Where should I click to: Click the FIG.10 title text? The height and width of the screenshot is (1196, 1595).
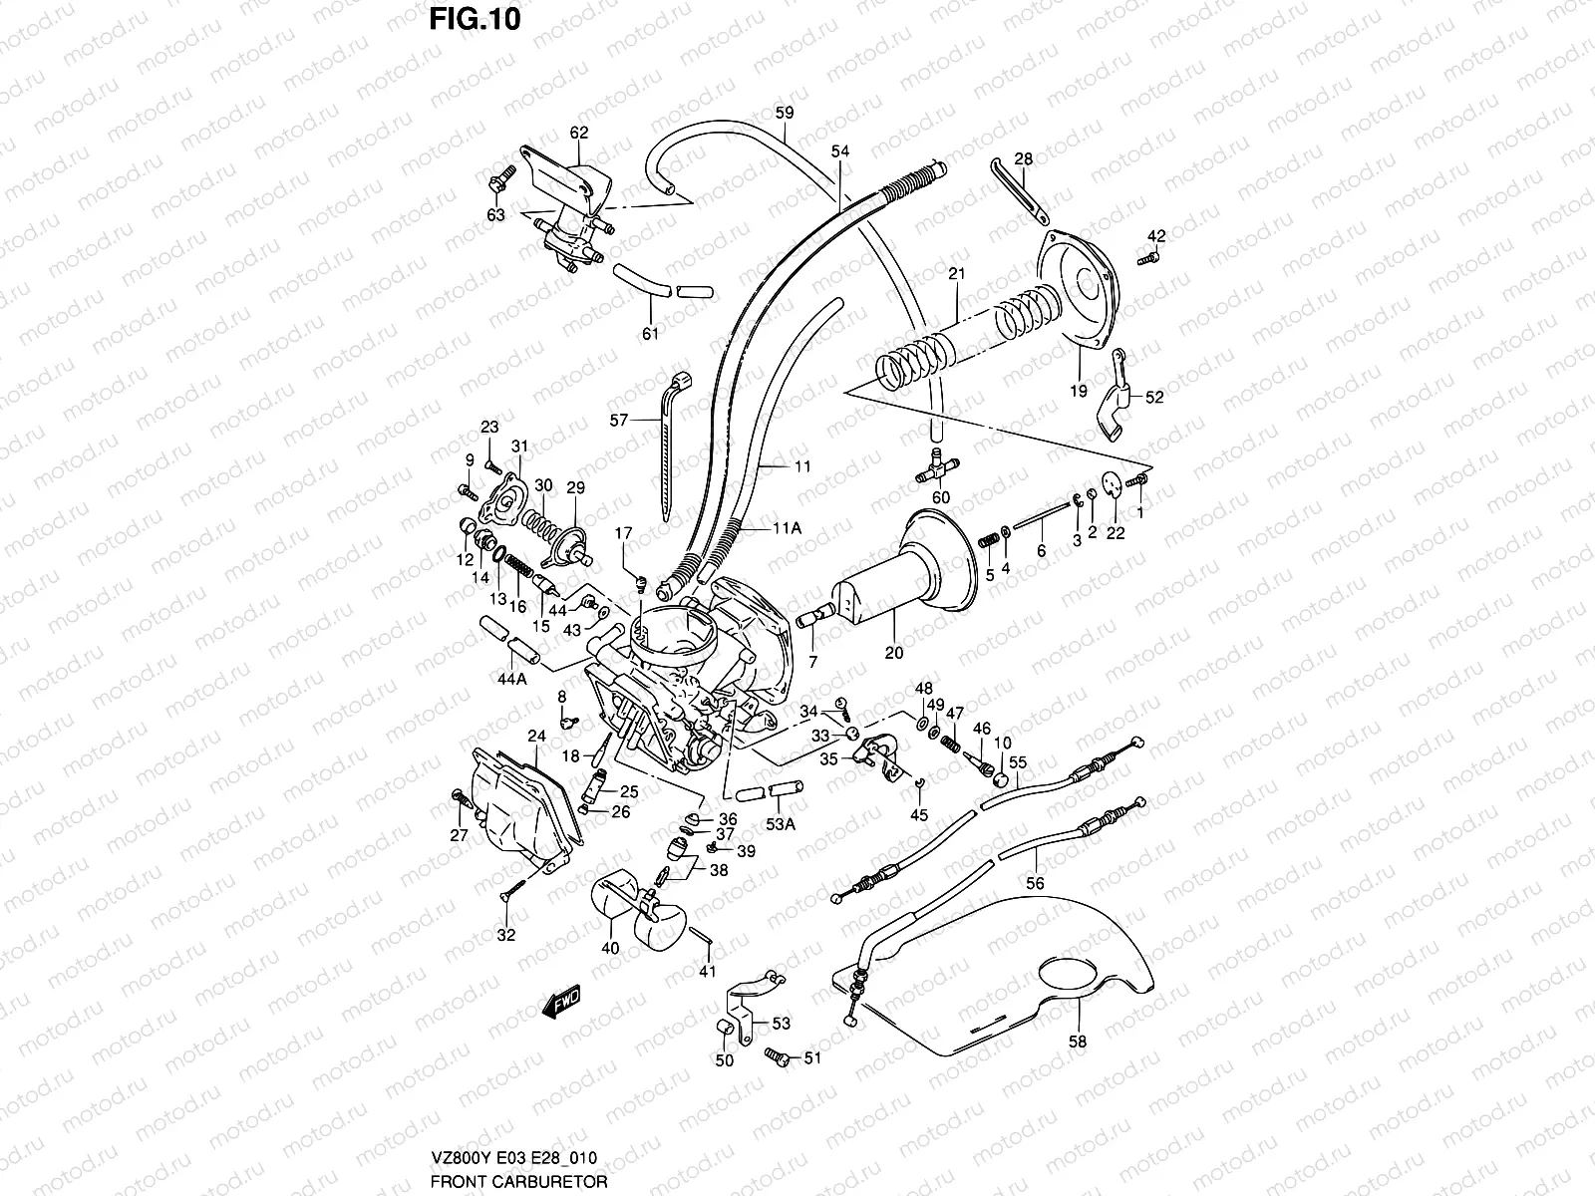[475, 19]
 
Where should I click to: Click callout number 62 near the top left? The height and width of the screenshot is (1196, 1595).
[579, 133]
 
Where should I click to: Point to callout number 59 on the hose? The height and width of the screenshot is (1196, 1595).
[785, 113]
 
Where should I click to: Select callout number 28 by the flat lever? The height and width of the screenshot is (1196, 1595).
[1024, 158]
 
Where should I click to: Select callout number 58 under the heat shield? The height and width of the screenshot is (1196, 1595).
[1077, 1042]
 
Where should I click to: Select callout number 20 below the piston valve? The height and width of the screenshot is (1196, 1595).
[893, 654]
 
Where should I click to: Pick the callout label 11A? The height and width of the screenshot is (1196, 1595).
[786, 529]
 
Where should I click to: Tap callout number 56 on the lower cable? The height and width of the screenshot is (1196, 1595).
[1035, 882]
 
